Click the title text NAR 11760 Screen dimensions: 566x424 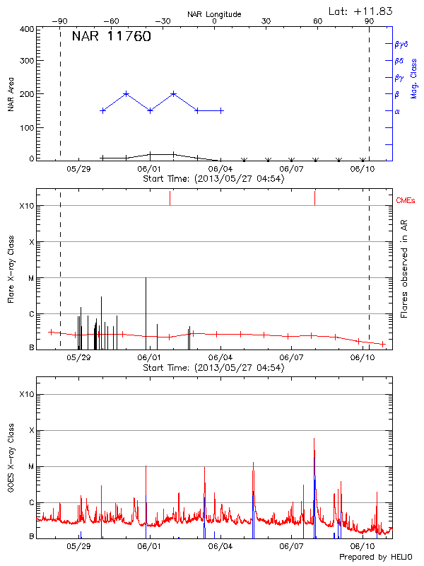point(111,37)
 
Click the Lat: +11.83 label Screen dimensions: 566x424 point(361,11)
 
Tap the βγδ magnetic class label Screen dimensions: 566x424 point(401,44)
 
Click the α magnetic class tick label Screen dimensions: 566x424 point(397,111)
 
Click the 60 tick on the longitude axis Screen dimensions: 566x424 point(318,21)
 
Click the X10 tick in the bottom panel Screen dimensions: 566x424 point(26,394)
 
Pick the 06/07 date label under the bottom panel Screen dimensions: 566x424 point(292,546)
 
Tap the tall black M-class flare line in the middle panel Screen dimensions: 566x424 point(146,311)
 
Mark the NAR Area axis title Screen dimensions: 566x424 point(11,94)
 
